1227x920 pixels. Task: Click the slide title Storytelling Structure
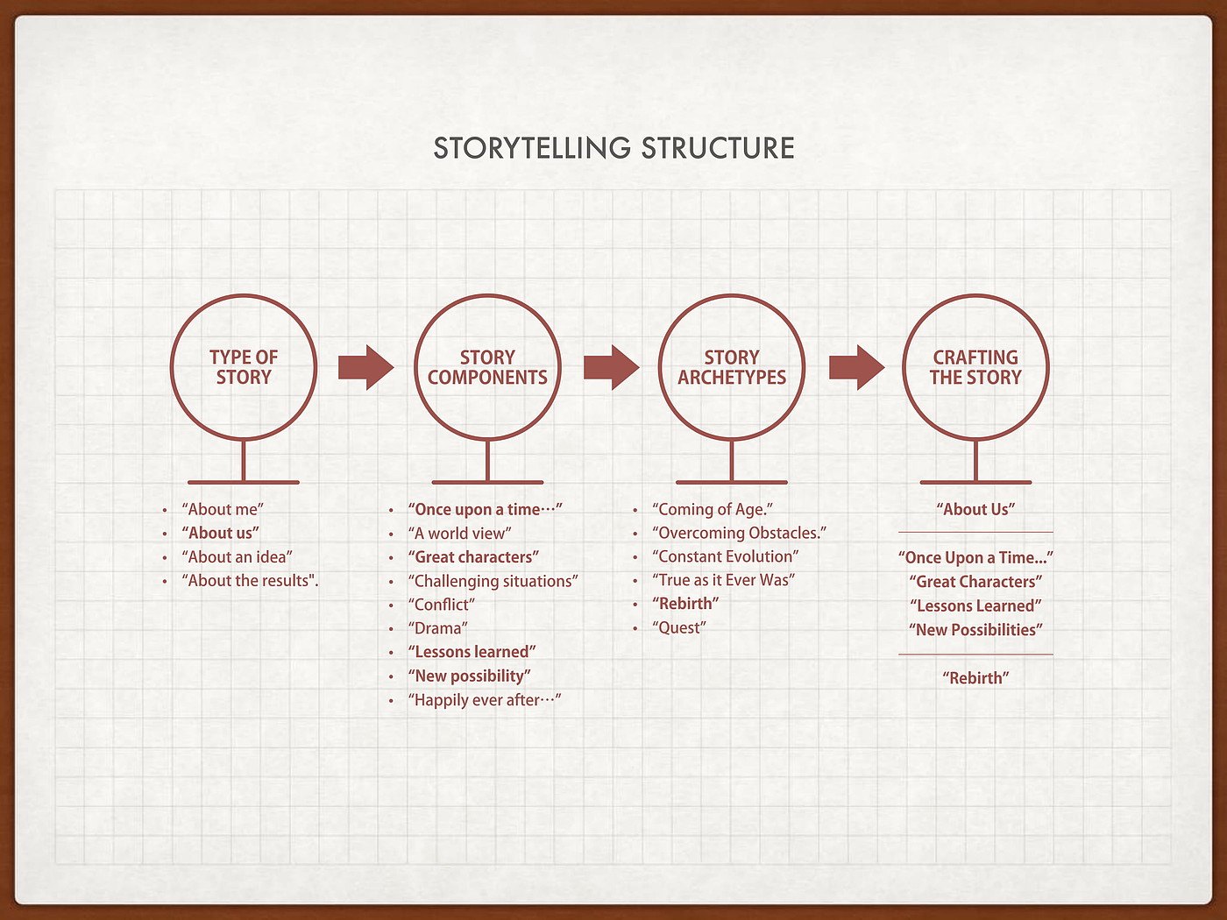point(613,148)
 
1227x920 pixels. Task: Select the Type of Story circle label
point(244,367)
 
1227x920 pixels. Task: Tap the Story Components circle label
point(487,367)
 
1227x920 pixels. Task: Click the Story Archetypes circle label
point(732,367)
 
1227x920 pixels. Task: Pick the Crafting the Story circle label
point(975,367)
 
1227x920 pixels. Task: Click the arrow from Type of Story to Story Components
point(365,367)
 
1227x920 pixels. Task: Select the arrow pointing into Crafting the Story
point(856,367)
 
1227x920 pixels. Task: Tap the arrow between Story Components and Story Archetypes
point(611,367)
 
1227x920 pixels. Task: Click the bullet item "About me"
point(223,509)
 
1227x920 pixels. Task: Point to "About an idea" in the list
point(237,557)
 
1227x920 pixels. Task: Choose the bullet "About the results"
point(250,581)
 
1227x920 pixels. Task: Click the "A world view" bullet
point(459,534)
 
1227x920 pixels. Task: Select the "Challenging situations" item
point(493,581)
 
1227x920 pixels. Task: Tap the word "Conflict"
point(441,605)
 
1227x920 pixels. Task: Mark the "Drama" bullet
point(437,628)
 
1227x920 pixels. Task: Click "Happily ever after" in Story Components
point(484,700)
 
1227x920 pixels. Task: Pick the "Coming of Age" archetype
point(713,509)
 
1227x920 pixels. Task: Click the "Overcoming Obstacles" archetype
point(739,533)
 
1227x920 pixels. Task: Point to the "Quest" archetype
point(678,628)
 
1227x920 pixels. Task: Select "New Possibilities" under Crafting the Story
point(975,630)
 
